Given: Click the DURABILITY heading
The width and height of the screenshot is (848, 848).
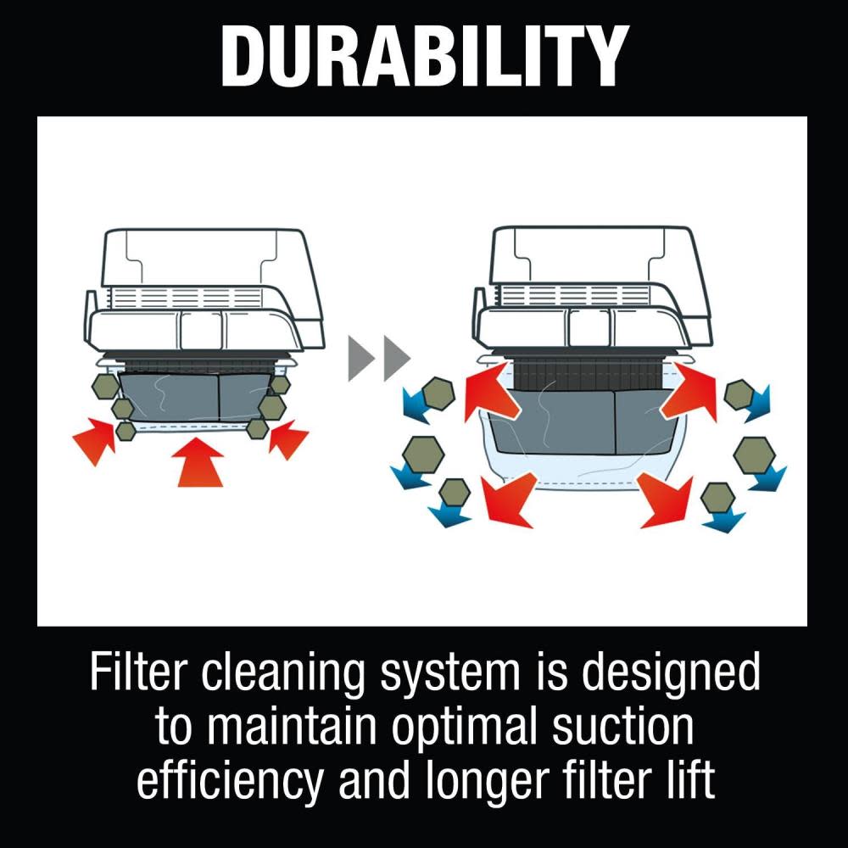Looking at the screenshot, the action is click(x=425, y=56).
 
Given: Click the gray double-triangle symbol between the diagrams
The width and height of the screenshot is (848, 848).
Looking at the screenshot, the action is click(x=379, y=358).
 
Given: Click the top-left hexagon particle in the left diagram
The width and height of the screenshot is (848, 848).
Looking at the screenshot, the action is click(x=105, y=386).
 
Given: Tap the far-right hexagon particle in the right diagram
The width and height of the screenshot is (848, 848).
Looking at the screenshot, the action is click(x=754, y=453).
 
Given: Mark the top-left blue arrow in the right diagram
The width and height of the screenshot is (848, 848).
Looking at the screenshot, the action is click(x=417, y=404).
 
